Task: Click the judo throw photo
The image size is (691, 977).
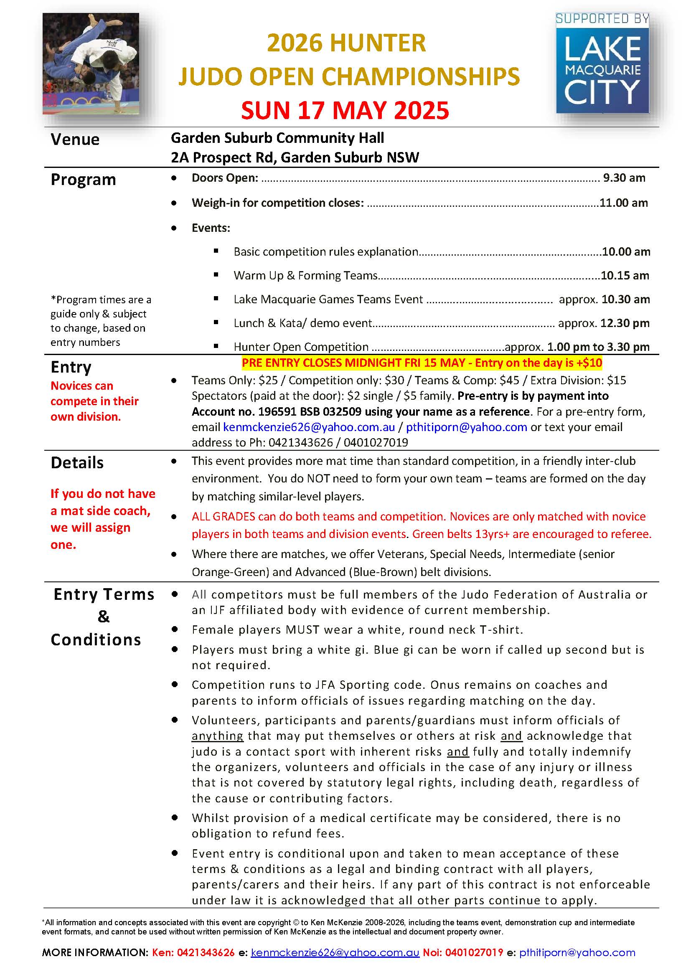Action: point(91,64)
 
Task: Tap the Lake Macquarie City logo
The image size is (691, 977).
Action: point(602,64)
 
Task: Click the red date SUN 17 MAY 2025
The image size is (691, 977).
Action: point(345,111)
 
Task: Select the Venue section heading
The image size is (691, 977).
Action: point(75,140)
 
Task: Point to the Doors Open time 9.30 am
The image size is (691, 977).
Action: point(624,178)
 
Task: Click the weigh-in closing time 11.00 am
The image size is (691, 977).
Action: point(623,203)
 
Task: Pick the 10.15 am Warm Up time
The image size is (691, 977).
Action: point(625,276)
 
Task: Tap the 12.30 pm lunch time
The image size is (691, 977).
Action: point(625,323)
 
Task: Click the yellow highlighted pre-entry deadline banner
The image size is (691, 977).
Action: point(421,363)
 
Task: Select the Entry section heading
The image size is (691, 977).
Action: point(71,367)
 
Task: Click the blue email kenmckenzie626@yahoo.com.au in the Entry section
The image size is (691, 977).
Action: point(309,427)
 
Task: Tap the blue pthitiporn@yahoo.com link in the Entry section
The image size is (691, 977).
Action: point(466,427)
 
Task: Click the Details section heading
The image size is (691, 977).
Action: point(77,463)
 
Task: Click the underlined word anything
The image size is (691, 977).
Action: point(217,736)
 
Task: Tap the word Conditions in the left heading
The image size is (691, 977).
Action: point(96,640)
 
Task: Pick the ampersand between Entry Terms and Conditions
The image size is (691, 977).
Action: point(103,617)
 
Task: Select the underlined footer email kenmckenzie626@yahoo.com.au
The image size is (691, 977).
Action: point(335,953)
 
